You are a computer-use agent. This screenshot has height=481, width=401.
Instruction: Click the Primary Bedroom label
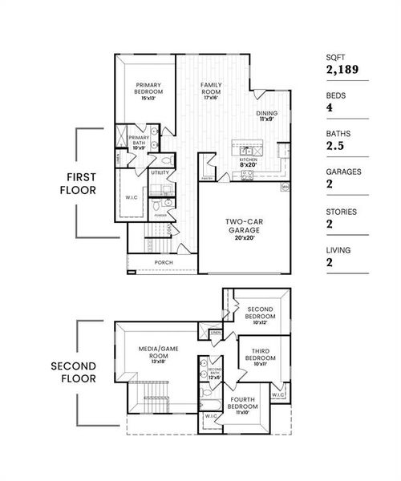point(149,89)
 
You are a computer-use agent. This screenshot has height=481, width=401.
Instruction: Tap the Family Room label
point(211,89)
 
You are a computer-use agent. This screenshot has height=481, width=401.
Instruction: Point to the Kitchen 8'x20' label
point(248,163)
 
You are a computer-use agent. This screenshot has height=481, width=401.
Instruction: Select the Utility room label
point(159,172)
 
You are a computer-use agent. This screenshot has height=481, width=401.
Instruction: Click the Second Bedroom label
point(261,313)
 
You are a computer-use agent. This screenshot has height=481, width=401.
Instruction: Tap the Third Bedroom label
point(258,355)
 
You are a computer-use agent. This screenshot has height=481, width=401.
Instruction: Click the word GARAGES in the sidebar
point(343,171)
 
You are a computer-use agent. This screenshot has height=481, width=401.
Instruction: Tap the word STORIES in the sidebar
point(341,212)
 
